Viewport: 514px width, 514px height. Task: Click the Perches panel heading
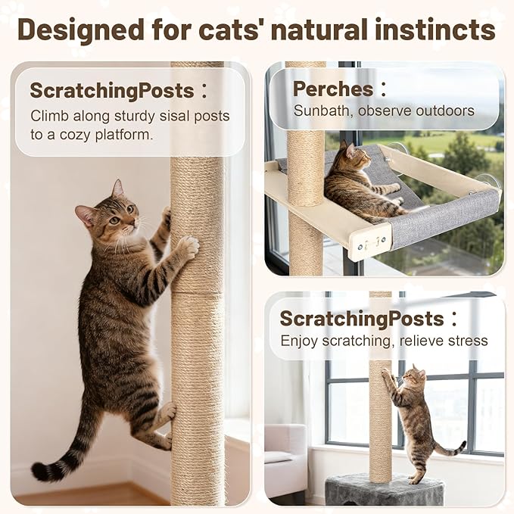[333, 89]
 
